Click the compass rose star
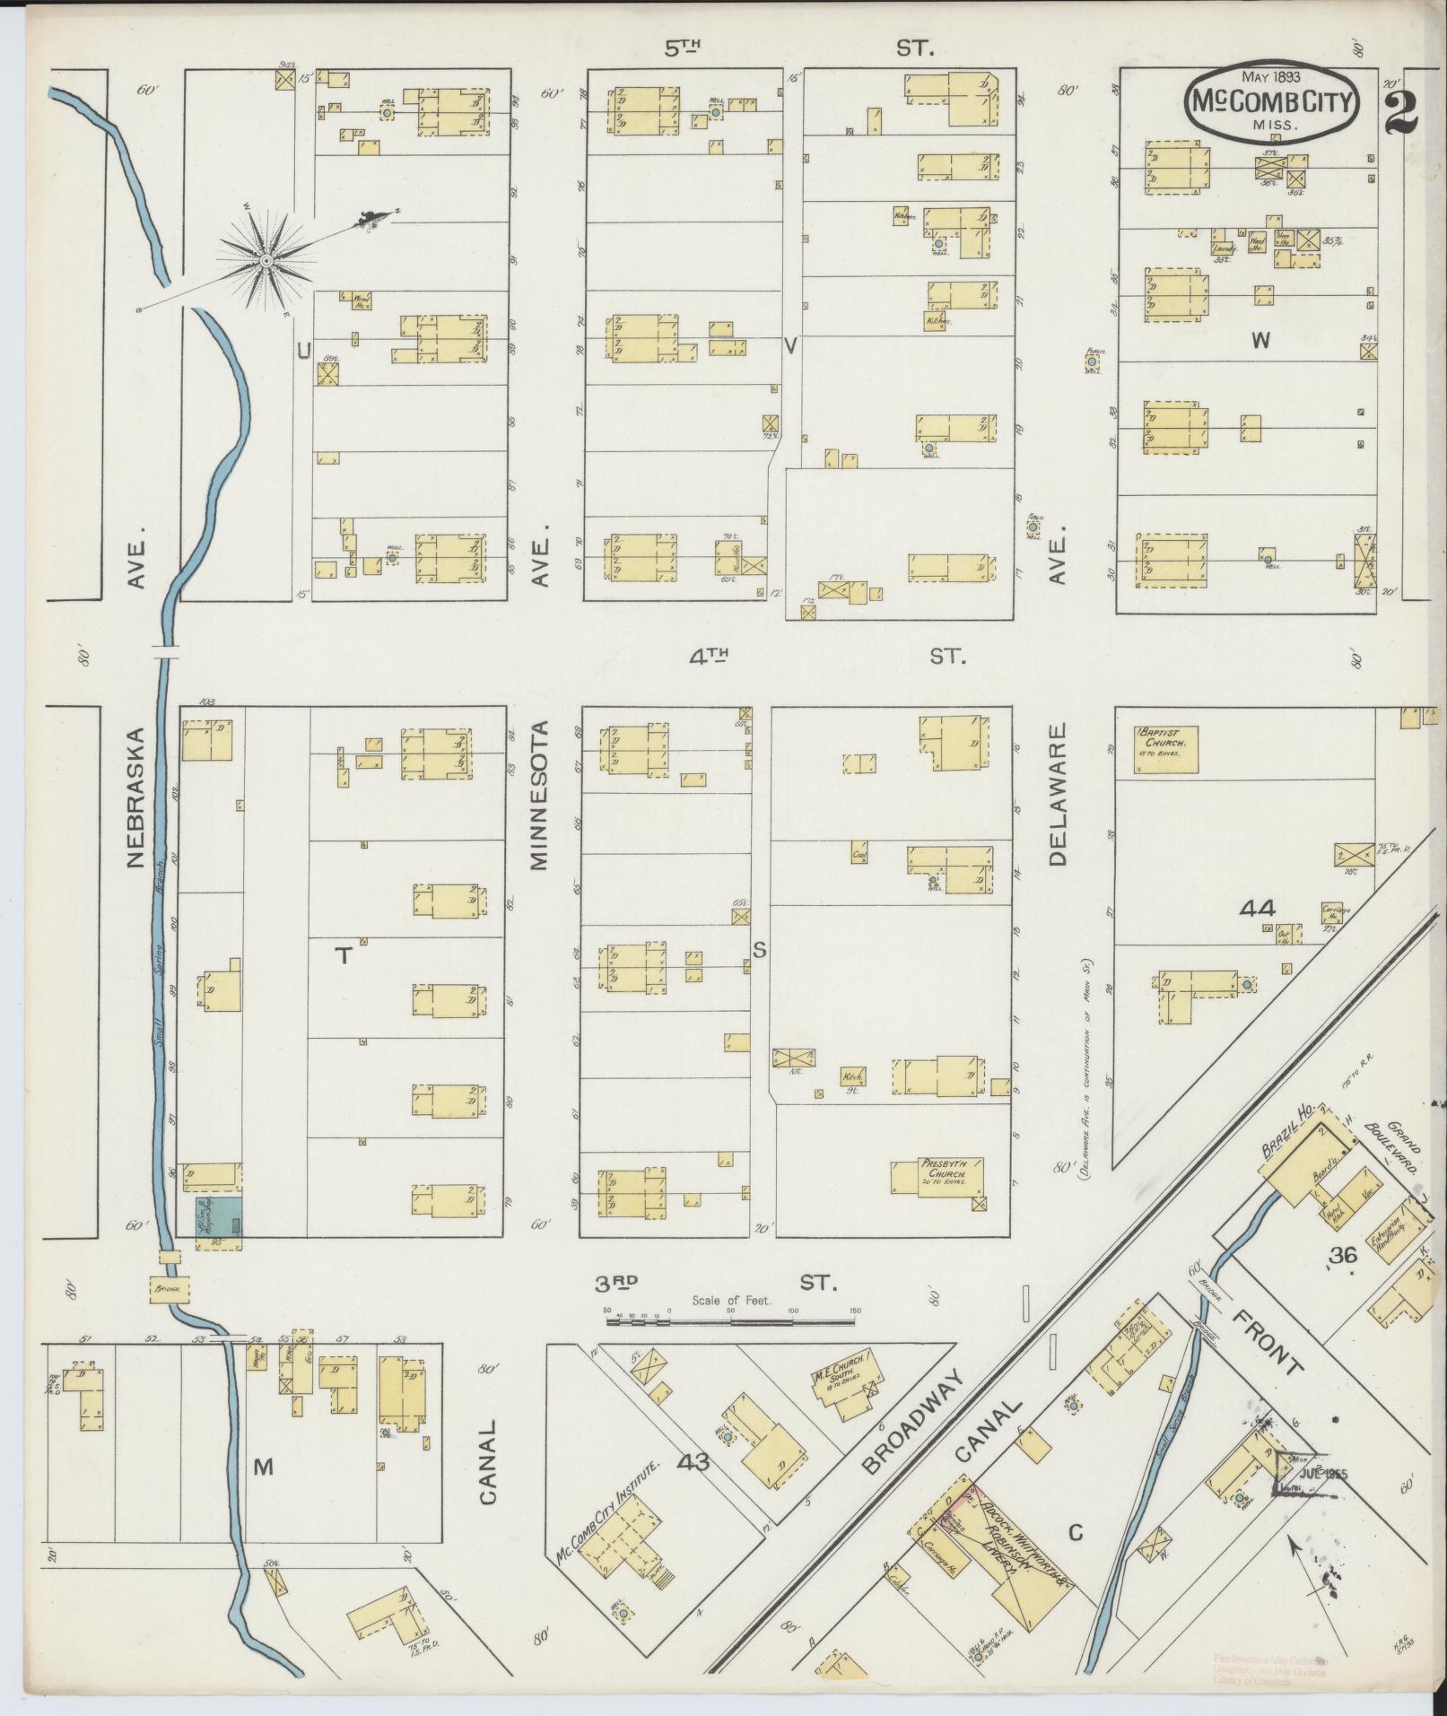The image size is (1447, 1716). [266, 260]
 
